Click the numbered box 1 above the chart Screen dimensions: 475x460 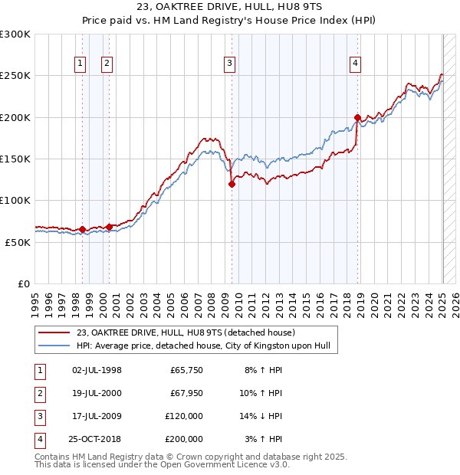pyautogui.click(x=80, y=64)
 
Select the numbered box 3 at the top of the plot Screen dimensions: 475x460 pyautogui.click(x=230, y=64)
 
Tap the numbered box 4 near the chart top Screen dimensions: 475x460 pyautogui.click(x=356, y=64)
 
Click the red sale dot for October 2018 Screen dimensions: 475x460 pyautogui.click(x=357, y=117)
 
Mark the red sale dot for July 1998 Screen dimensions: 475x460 pyautogui.click(x=82, y=229)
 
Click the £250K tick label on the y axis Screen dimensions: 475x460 pyautogui.click(x=15, y=76)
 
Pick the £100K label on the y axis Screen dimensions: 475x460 pyautogui.click(x=15, y=200)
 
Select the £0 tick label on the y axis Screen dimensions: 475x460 pyautogui.click(x=22, y=283)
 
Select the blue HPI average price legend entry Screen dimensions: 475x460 pyautogui.click(x=202, y=346)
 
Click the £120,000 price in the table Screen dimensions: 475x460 pyautogui.click(x=184, y=416)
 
